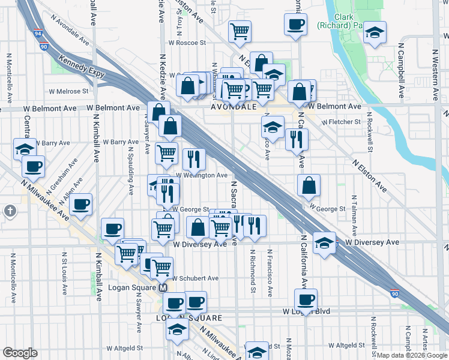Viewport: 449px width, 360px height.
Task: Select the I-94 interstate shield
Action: coord(38,34)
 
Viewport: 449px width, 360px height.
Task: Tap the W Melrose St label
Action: coord(68,92)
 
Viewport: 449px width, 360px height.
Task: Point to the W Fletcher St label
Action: coord(341,122)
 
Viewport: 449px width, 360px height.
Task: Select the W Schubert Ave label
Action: coord(195,278)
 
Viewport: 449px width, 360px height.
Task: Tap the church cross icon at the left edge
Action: coord(10,211)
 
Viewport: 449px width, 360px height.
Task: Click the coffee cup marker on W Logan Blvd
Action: coord(306,299)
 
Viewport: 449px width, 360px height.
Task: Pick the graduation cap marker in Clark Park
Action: coord(375,32)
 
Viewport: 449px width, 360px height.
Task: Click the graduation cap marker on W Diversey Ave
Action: coord(324,242)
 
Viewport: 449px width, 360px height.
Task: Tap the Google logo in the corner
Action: coord(20,353)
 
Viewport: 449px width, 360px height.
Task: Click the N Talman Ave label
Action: coord(355,214)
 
